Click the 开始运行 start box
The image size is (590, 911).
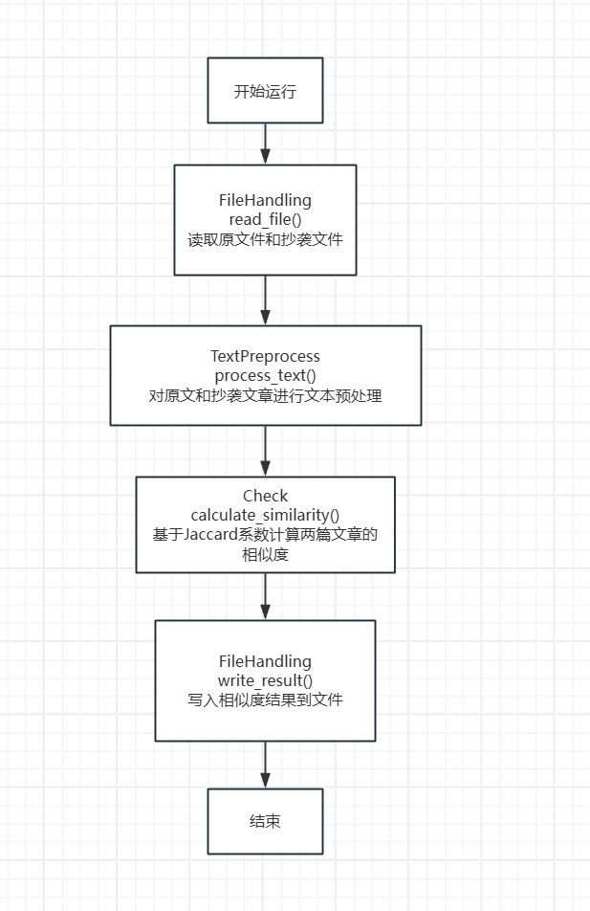[x=265, y=91]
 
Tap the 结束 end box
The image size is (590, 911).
[x=265, y=821]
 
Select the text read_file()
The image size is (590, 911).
[x=265, y=220]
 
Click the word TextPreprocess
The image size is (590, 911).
[x=265, y=357]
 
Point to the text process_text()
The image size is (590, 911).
[x=265, y=375]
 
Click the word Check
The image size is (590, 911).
[x=265, y=497]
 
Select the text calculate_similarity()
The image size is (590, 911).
[x=265, y=516]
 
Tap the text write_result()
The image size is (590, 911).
[x=265, y=680]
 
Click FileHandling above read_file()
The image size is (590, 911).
[x=265, y=201]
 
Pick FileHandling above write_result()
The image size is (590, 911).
[x=265, y=661]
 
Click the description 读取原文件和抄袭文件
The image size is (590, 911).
[x=265, y=240]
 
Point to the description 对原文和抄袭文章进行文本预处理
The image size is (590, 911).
[x=265, y=395]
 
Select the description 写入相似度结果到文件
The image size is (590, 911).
[x=265, y=700]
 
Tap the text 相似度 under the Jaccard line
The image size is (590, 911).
[x=265, y=555]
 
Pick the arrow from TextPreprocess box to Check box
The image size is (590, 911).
[x=265, y=451]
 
